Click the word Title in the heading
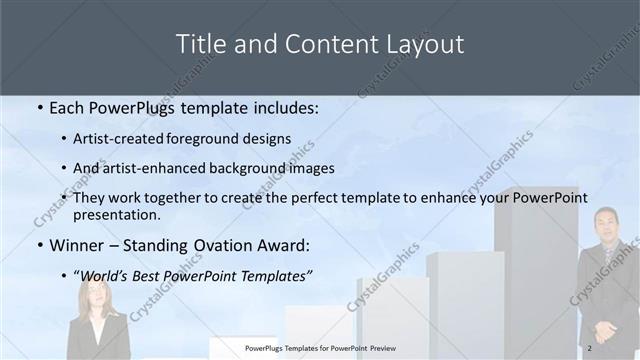coord(198,44)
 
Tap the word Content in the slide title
coord(317,44)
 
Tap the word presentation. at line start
coord(117,214)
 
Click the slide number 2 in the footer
coord(590,348)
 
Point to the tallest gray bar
coord(536,270)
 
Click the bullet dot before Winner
coord(40,246)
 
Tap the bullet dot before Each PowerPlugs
coord(40,107)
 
